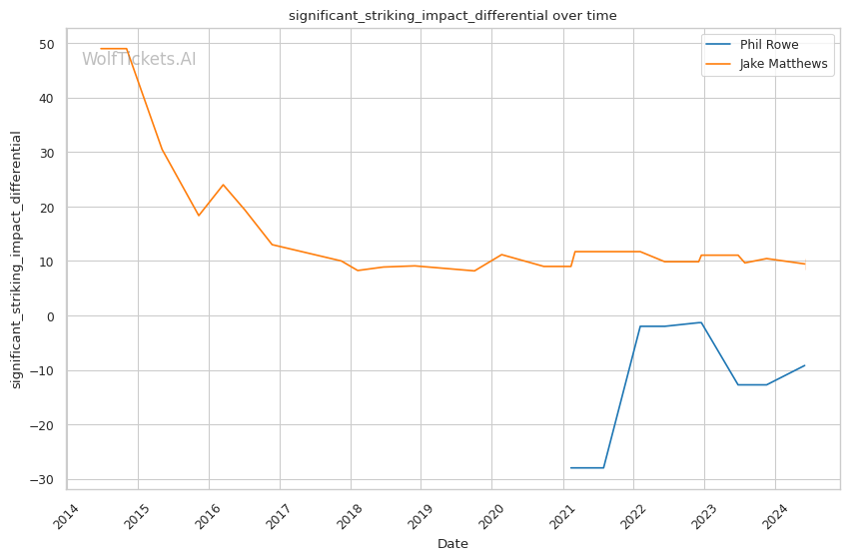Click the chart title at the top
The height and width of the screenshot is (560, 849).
452,16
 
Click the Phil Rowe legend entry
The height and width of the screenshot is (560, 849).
768,45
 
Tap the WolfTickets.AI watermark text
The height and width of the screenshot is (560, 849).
139,59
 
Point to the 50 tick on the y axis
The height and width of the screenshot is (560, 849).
47,44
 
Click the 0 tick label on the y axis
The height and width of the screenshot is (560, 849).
51,316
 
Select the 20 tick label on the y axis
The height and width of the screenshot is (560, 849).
47,208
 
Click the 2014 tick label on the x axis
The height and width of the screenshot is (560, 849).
68,517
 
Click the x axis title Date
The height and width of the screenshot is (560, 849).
452,544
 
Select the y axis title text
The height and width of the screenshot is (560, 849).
17,260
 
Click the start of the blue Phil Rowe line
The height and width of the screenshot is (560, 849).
570,468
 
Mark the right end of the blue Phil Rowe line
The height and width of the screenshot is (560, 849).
805,365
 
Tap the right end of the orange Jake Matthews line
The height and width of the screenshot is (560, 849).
805,265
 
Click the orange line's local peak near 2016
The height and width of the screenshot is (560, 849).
223,185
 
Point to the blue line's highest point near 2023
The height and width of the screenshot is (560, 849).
701,322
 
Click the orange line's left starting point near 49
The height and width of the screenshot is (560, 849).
100,49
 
